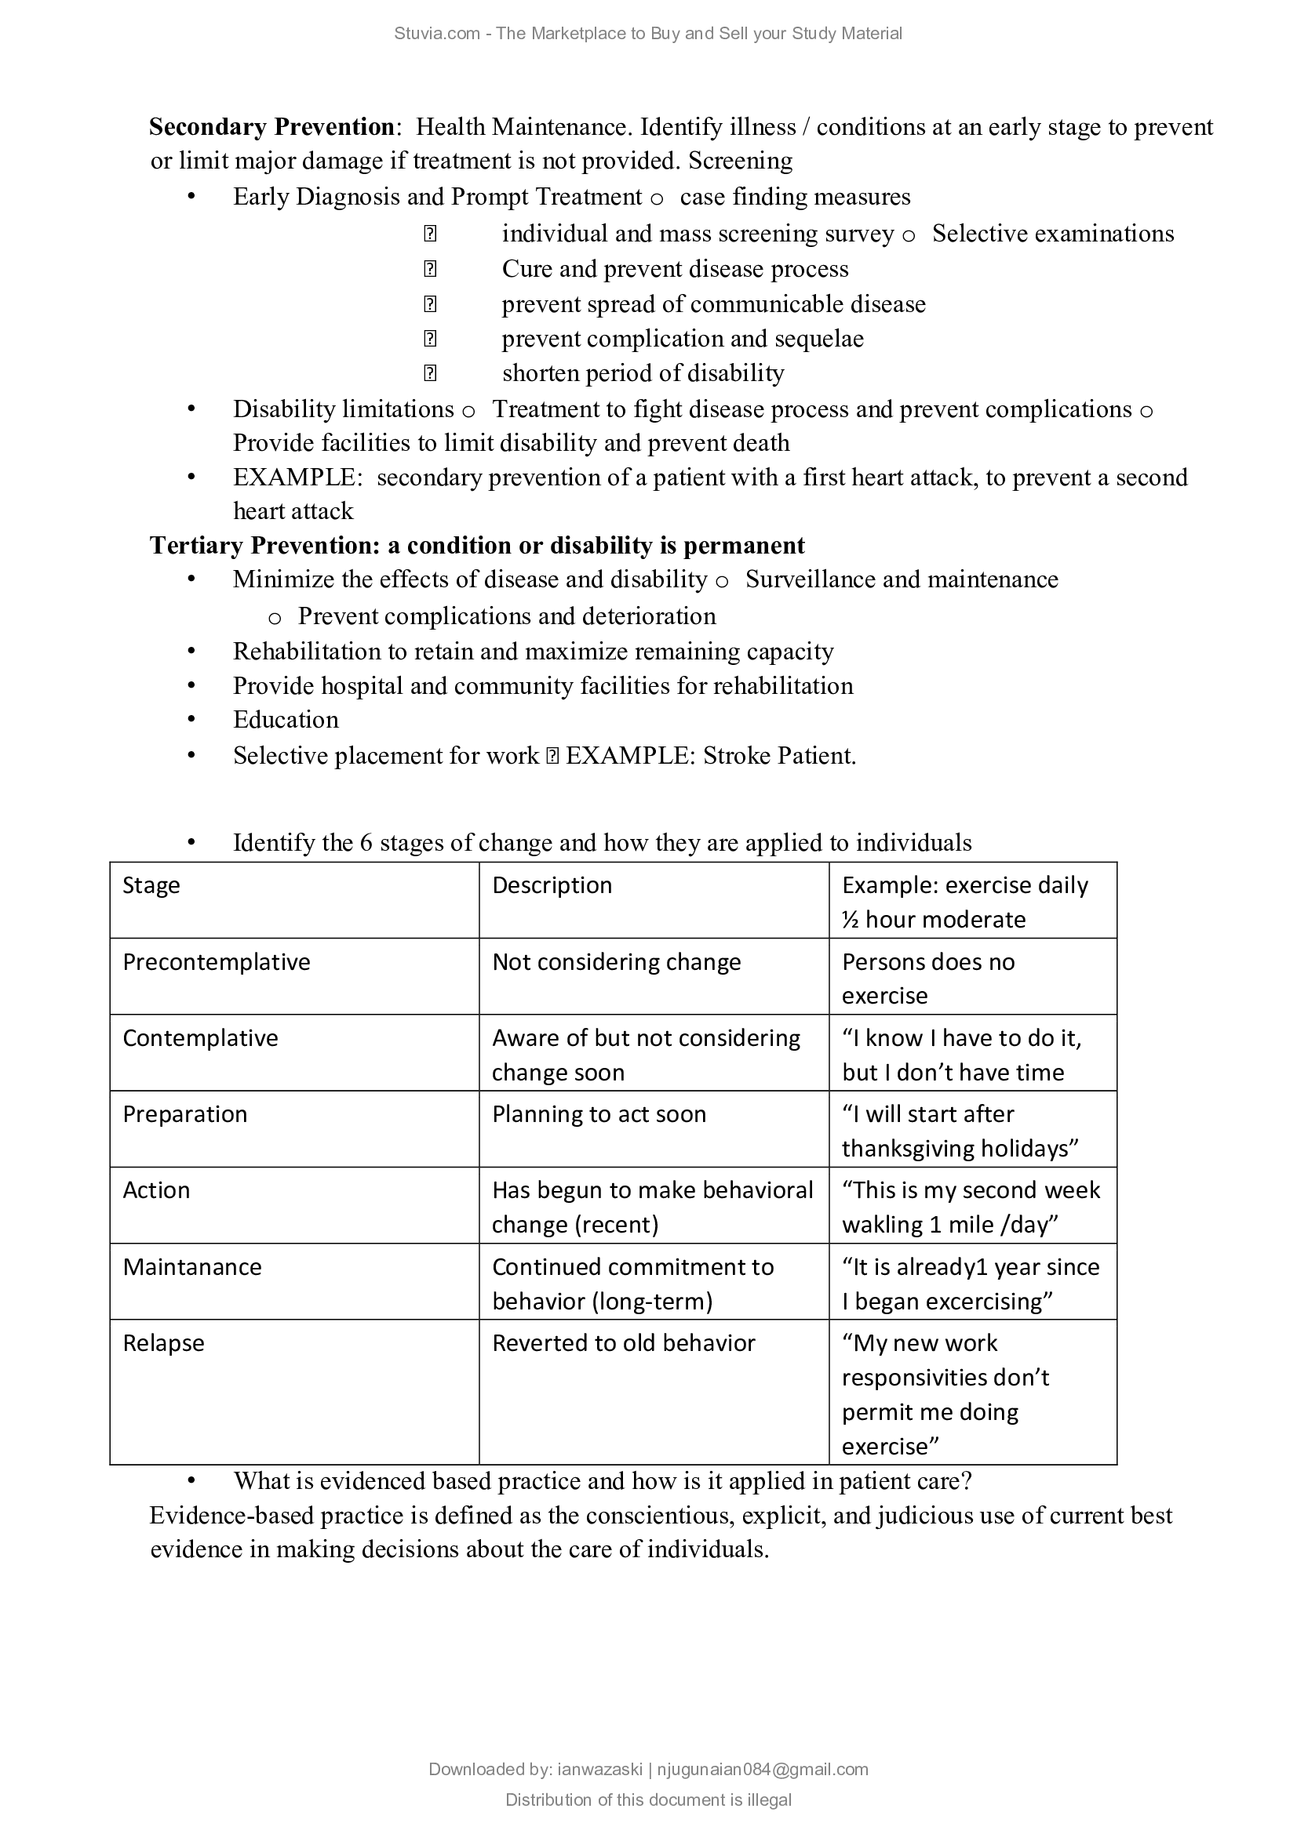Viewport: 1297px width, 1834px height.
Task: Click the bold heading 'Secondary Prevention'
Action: click(271, 127)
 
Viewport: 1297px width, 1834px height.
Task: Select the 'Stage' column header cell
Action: click(151, 885)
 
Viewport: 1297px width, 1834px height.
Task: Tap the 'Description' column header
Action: click(552, 885)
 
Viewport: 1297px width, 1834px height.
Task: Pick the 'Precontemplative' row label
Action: click(216, 962)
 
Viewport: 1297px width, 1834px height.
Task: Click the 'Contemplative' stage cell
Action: click(200, 1037)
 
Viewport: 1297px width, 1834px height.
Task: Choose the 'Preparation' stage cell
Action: click(184, 1114)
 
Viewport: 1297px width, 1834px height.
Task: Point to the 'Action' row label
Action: click(156, 1190)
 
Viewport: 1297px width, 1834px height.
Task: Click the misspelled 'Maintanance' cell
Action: click(191, 1267)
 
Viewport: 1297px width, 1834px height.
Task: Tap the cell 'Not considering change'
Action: click(616, 962)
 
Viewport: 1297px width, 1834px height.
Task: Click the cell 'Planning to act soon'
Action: click(599, 1114)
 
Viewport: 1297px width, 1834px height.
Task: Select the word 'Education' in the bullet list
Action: click(286, 720)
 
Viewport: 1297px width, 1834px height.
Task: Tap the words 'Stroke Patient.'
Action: click(779, 756)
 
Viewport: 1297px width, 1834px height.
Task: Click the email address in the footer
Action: click(763, 1769)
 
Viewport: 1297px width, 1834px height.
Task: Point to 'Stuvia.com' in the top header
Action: click(437, 34)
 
